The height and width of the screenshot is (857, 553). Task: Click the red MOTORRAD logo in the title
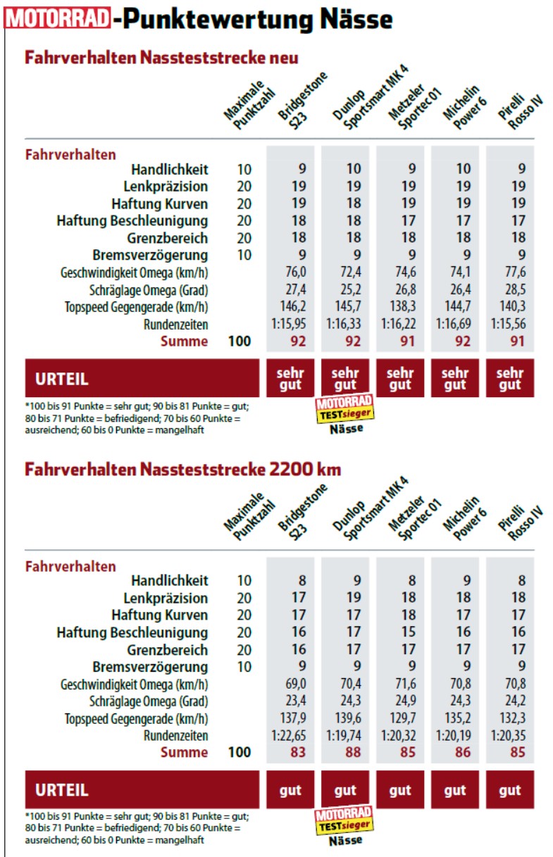coord(58,19)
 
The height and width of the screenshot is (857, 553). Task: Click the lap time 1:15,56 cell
coord(510,324)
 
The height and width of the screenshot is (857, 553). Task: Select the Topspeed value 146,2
coord(290,307)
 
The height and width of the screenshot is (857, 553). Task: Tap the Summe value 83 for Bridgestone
coord(290,752)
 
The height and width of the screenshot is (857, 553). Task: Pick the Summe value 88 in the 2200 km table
coord(345,752)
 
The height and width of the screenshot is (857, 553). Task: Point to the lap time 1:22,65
coord(290,735)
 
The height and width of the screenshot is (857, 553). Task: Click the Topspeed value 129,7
coord(400,718)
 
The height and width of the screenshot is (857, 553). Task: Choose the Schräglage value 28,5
coord(510,289)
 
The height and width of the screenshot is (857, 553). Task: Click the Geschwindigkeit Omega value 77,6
coord(510,273)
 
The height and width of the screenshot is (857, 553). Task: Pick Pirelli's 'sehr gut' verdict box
coord(510,378)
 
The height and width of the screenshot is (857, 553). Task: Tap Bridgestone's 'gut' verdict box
coord(290,790)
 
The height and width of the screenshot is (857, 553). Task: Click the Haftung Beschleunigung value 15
coord(400,632)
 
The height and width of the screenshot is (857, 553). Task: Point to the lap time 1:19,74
coord(345,735)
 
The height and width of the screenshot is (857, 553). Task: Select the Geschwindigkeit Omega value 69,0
coord(290,684)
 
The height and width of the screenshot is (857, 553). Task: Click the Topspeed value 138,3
coord(400,307)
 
